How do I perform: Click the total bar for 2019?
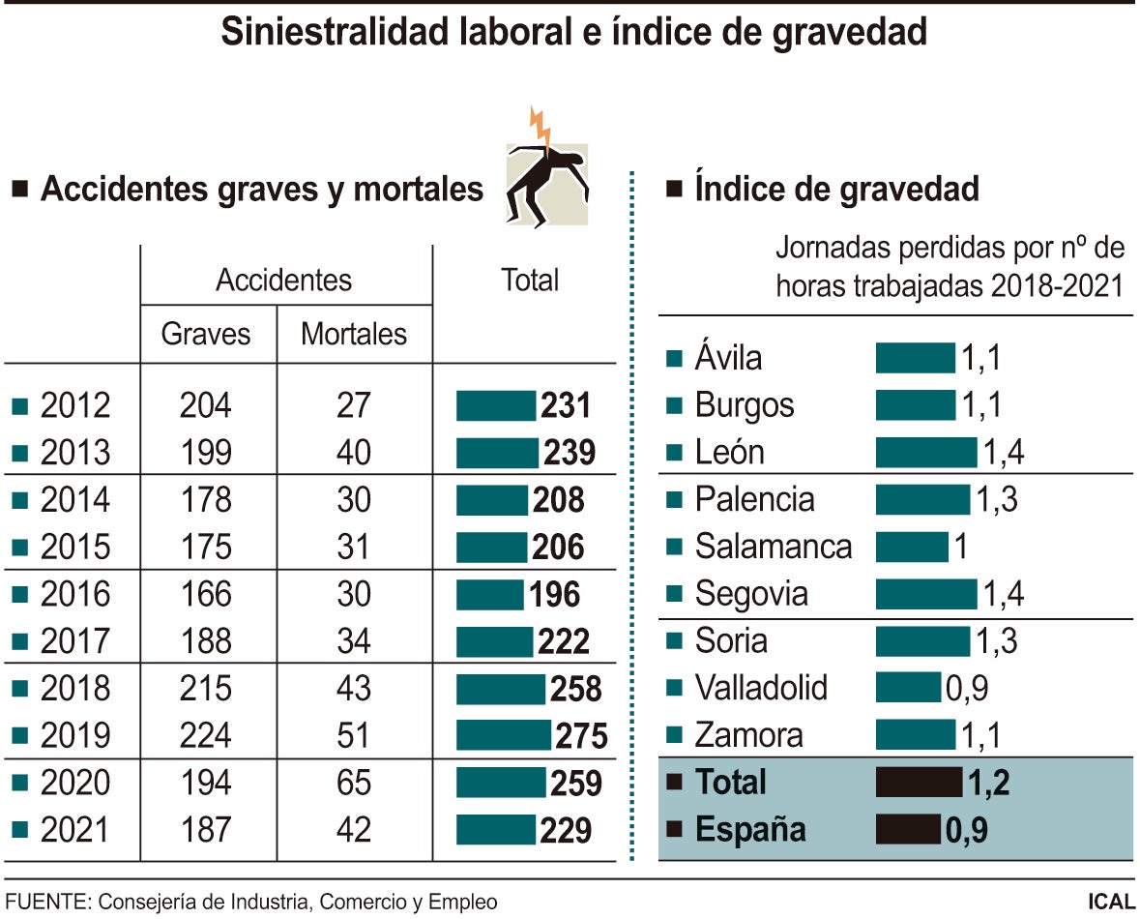(x=504, y=735)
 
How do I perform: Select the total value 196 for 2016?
(x=554, y=594)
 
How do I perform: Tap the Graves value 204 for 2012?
(x=205, y=405)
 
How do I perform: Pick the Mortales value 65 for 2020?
(x=354, y=783)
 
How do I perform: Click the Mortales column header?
(x=354, y=335)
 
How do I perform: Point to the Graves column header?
(x=205, y=335)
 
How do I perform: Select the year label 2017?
(x=75, y=641)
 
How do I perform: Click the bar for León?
(x=926, y=452)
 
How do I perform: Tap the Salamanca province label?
(x=774, y=547)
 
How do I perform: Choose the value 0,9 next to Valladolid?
(x=966, y=688)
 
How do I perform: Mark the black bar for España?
(x=908, y=830)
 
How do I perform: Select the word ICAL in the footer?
(x=1110, y=902)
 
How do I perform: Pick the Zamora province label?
(x=748, y=735)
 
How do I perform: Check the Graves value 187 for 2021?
(x=205, y=830)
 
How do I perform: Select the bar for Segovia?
(x=926, y=594)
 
